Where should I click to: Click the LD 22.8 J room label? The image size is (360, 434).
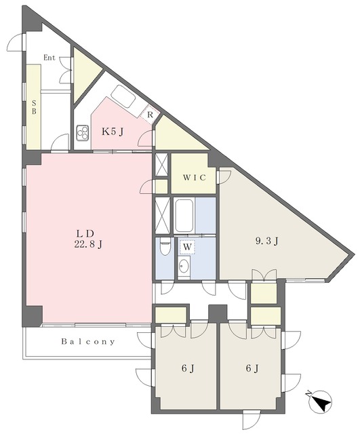pos(88,239)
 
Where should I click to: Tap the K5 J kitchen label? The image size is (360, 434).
pos(113,132)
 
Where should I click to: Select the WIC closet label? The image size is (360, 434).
pos(195,178)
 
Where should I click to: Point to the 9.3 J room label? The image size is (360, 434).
pos(266,241)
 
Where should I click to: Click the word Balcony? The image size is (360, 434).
pos(88,342)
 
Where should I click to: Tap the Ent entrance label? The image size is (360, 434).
pos(49,58)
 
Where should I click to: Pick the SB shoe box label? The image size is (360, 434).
pos(34,107)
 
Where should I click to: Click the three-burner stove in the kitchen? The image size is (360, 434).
pos(83,133)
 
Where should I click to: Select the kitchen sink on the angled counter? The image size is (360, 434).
pos(123,96)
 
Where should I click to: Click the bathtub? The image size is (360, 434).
pos(184,216)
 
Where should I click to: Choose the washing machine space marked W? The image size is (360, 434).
pos(187,247)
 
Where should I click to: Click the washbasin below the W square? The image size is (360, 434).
pos(184,267)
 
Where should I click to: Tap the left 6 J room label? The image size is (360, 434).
pos(188,368)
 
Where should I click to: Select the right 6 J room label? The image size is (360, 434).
pos(252,368)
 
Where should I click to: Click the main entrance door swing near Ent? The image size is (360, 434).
pos(15,42)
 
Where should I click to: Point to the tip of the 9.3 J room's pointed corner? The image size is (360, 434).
pos(354,254)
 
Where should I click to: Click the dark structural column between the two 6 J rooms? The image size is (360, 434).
pos(218,313)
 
